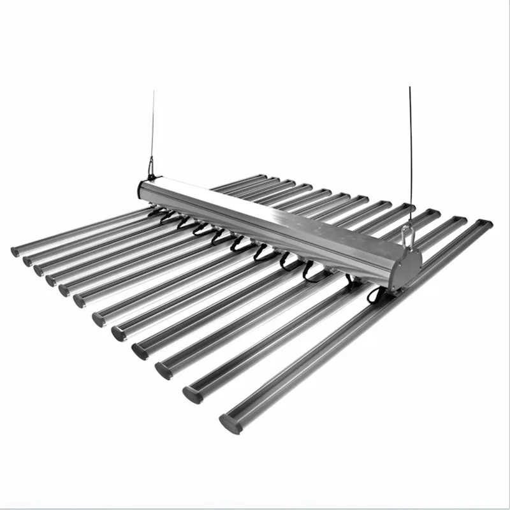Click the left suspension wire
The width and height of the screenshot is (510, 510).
click(x=153, y=127)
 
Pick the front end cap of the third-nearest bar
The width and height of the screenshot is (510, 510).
click(x=163, y=370)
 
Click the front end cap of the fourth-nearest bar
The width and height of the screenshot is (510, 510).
click(x=140, y=350)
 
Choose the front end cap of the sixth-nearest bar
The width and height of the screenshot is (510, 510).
click(x=101, y=317)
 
